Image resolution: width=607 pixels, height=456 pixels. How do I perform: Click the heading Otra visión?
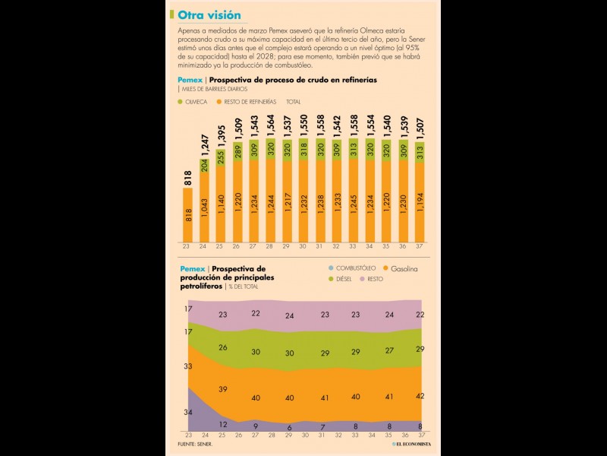tap(209, 15)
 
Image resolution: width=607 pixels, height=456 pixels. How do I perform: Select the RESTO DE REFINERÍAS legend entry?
tap(247, 101)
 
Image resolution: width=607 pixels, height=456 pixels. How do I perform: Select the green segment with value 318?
tap(303, 150)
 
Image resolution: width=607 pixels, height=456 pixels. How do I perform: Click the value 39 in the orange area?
tap(222, 389)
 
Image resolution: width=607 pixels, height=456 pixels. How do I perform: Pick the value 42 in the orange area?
tap(420, 396)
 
